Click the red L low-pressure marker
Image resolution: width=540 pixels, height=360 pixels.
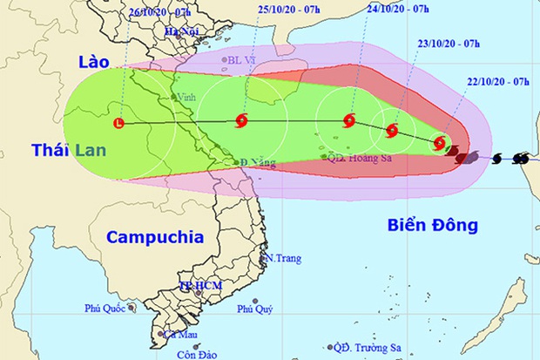tap(119, 124)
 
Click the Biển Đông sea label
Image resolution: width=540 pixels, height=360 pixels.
tap(434, 226)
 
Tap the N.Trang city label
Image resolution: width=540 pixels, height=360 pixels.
tap(283, 259)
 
